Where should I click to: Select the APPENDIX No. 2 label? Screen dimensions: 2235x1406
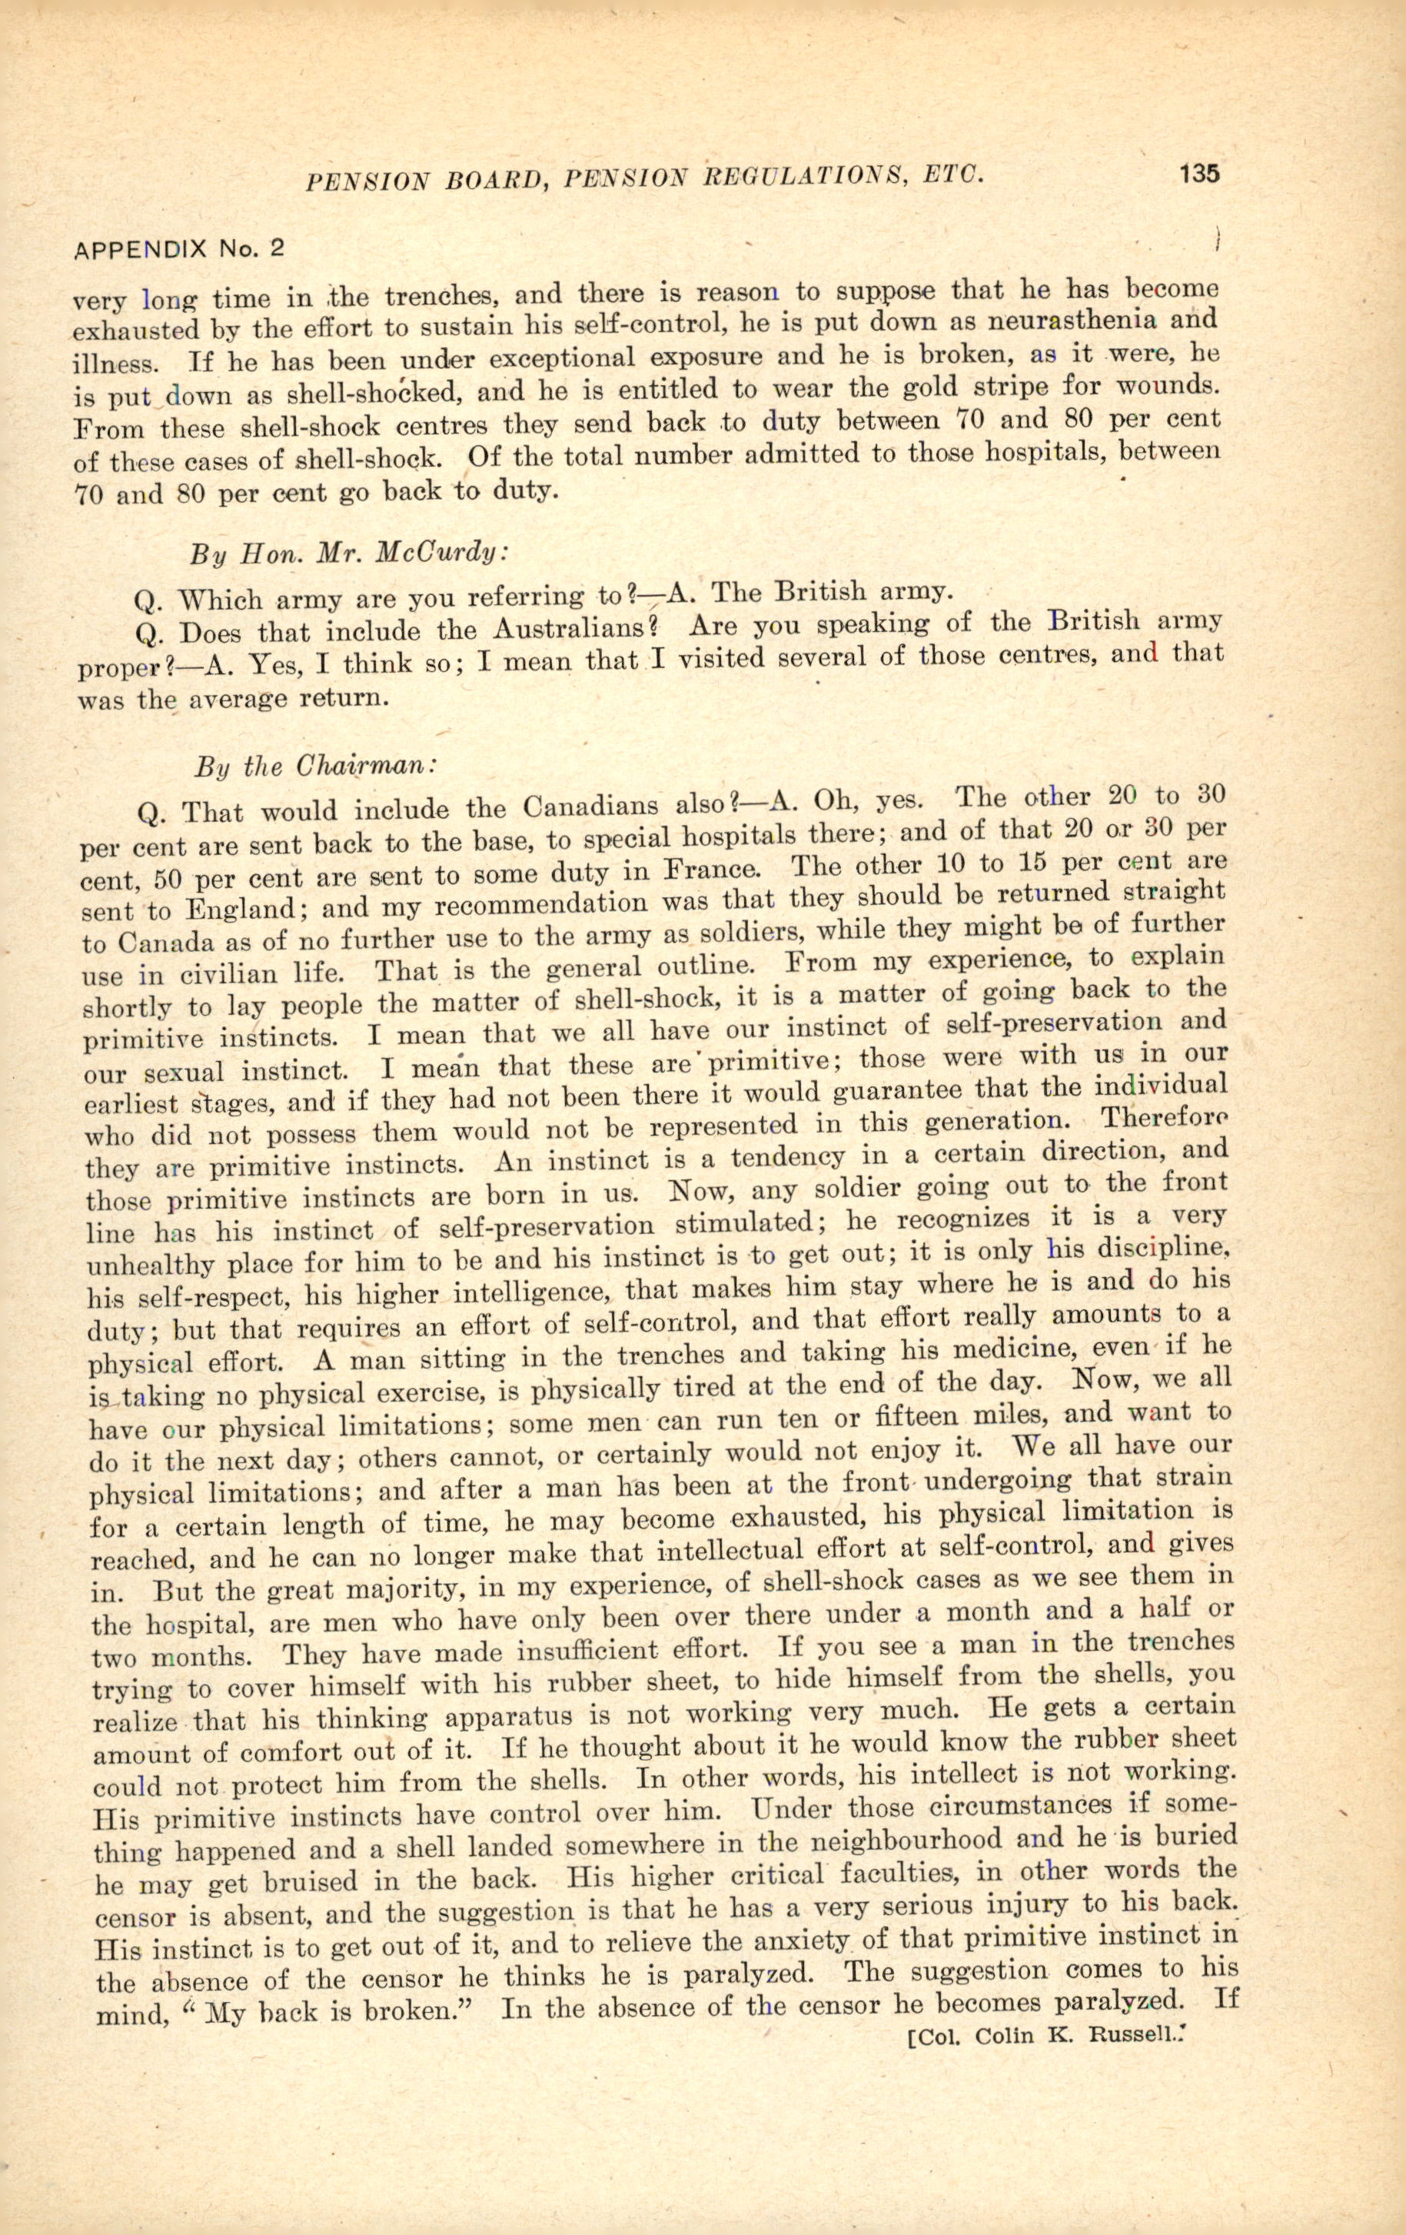[178, 249]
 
